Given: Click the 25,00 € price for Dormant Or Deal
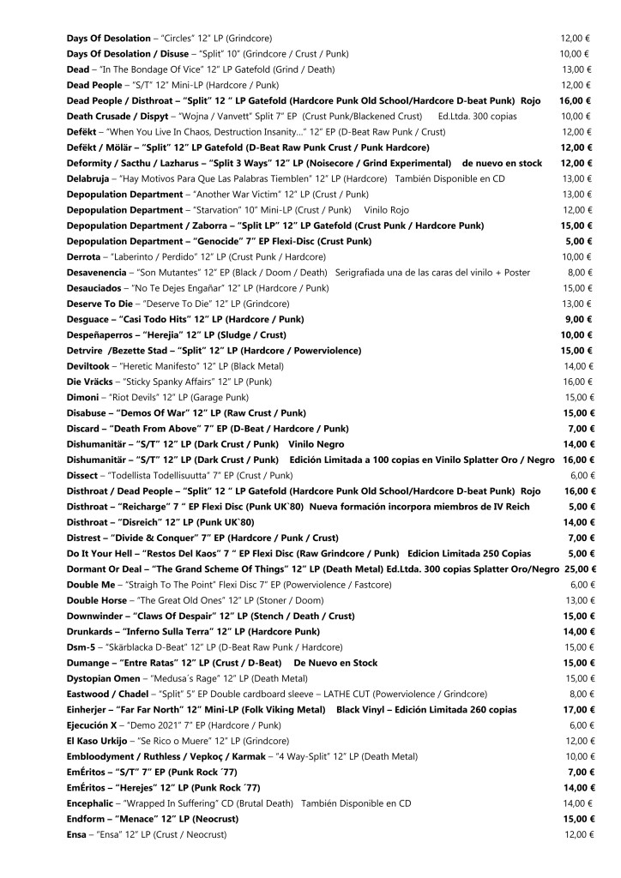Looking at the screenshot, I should coord(581,569).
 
